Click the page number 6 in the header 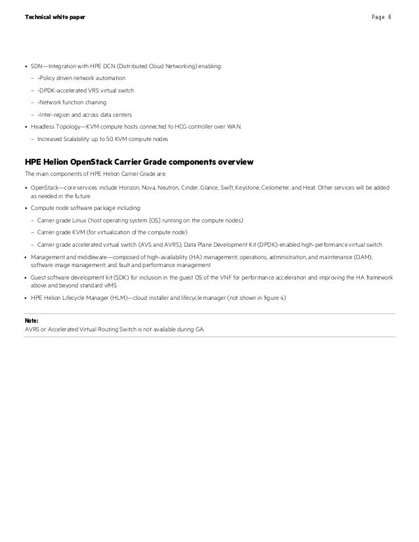coord(389,16)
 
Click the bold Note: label coord(31,320)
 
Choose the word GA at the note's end coord(199,329)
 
